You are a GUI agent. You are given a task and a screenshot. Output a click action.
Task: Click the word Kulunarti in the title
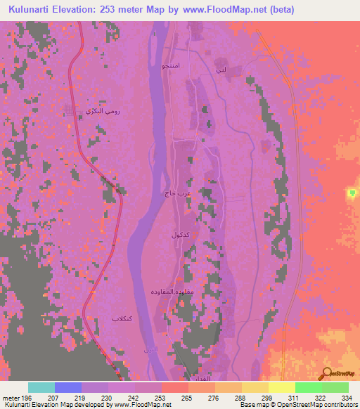[x=32, y=10]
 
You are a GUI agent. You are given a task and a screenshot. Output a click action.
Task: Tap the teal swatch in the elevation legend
[x=41, y=387]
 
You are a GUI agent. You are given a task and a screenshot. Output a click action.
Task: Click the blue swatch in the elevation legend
[x=68, y=387]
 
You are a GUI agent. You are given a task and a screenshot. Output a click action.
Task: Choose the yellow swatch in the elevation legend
[x=281, y=387]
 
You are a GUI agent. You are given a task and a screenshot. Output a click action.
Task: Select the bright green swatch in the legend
[x=309, y=387]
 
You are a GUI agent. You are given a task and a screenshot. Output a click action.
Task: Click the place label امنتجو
[x=173, y=66]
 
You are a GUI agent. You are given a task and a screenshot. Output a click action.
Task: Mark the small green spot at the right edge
[x=352, y=193]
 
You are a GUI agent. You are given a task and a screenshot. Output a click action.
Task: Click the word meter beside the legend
[x=12, y=397]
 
